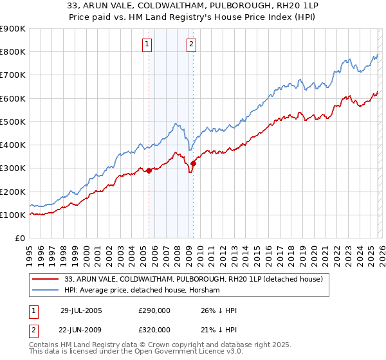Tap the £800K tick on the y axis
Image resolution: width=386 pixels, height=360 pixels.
click(x=13, y=52)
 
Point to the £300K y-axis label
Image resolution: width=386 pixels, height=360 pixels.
click(x=13, y=168)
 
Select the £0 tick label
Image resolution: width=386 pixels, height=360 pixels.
click(x=19, y=238)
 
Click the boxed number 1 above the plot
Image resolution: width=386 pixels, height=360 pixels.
click(x=148, y=44)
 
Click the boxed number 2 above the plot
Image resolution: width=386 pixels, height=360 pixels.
click(x=192, y=44)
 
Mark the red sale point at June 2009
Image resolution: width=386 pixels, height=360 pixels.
click(x=193, y=163)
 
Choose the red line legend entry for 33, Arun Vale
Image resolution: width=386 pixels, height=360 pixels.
click(x=198, y=279)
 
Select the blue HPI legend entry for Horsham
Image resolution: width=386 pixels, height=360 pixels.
click(x=142, y=291)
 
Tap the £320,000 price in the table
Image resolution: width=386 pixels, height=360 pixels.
click(x=154, y=329)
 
